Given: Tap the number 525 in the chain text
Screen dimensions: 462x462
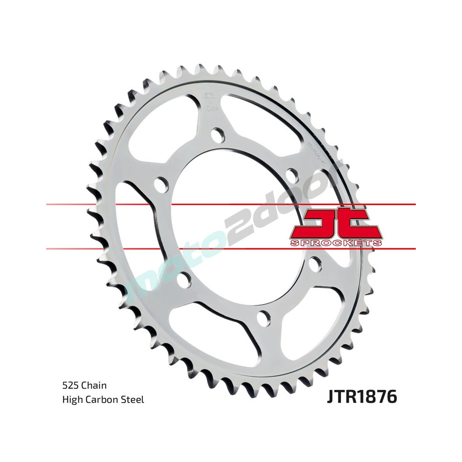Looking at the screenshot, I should [x=70, y=385].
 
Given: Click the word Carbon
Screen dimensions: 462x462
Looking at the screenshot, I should [x=103, y=399].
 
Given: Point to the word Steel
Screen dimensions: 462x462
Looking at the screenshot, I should [x=134, y=399].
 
